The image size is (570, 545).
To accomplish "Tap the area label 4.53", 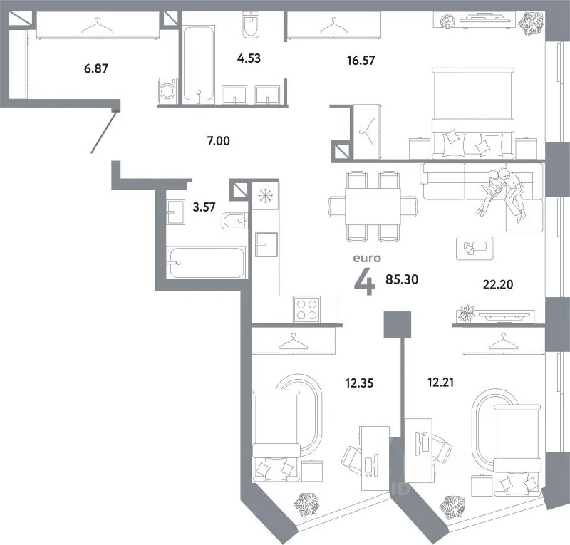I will click(x=249, y=59).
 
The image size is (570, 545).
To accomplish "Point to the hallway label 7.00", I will click(x=217, y=142).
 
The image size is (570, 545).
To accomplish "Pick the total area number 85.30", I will click(x=402, y=279).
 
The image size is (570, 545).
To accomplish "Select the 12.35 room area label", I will click(x=359, y=383).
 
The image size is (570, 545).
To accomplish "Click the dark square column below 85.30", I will click(x=397, y=325).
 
